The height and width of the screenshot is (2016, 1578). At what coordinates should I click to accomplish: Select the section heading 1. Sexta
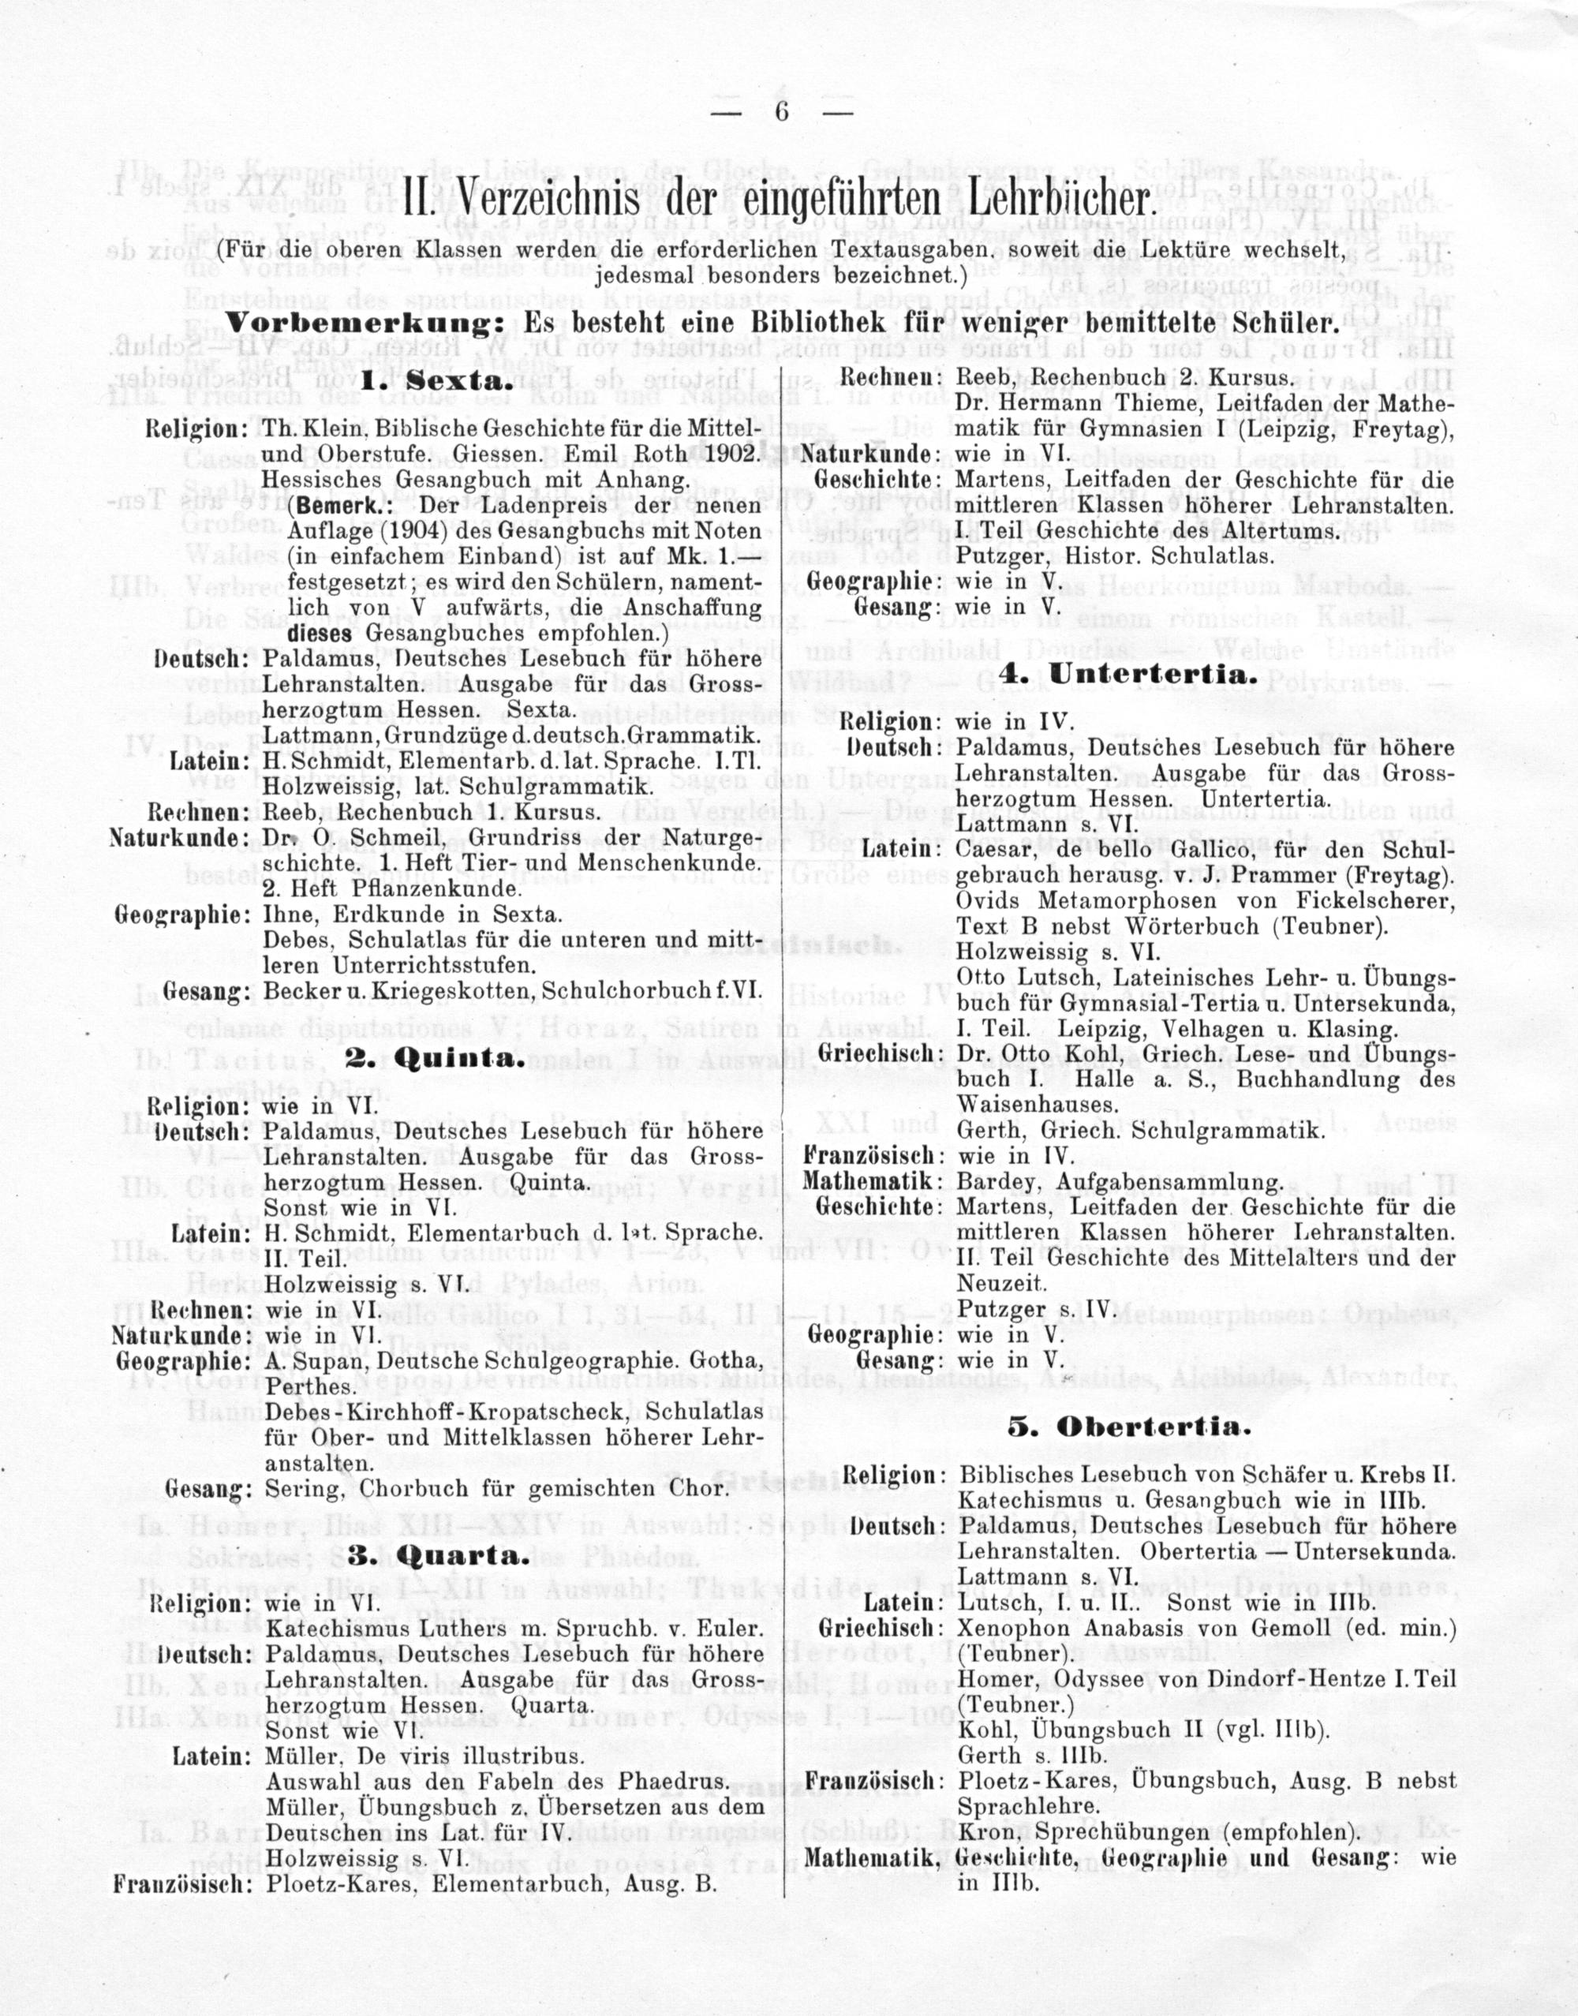pyautogui.click(x=433, y=382)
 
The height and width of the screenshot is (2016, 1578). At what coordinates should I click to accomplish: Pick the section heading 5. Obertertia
pyautogui.click(x=1129, y=1427)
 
